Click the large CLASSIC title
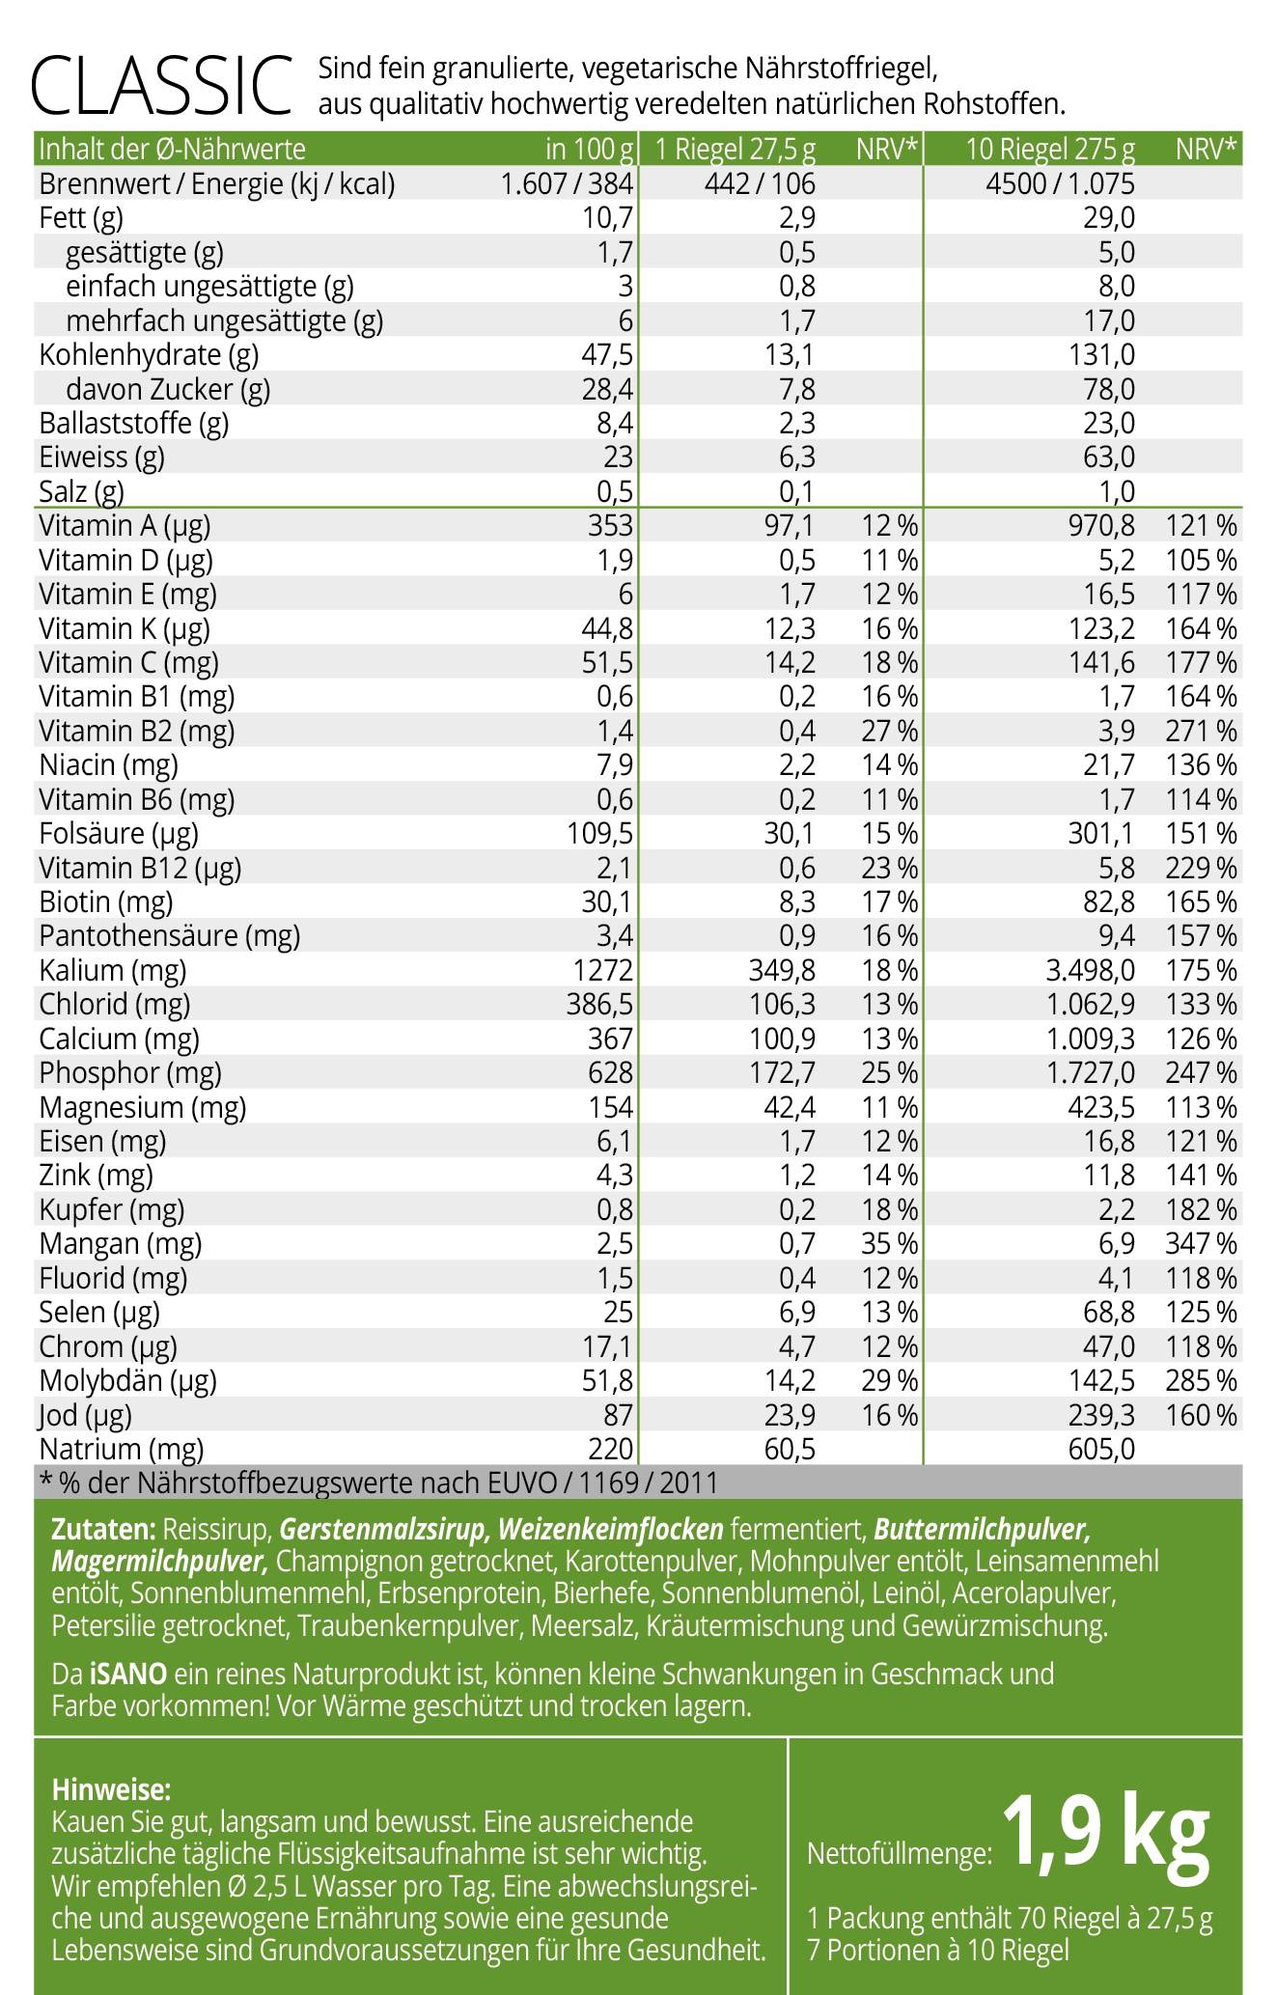(161, 87)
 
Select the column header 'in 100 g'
(589, 150)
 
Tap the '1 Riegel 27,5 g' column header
(736, 150)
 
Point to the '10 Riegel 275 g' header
(1051, 150)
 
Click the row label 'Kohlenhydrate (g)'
(149, 355)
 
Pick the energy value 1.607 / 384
(567, 184)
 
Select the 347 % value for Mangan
(1201, 1244)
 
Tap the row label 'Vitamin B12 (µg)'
(140, 869)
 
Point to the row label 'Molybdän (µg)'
(127, 1381)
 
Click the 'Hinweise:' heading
(111, 1790)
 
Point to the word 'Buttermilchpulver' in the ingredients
(982, 1530)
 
